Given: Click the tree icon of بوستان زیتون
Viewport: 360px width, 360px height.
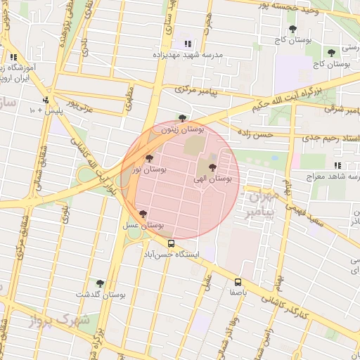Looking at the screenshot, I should point(183,118).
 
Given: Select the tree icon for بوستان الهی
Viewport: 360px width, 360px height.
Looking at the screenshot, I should point(212,167).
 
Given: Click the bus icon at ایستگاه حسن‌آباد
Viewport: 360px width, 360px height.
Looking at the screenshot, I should point(172,243).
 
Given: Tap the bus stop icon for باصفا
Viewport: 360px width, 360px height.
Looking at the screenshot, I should point(237,281).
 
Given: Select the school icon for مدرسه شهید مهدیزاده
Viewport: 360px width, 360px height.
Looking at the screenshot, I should point(187,44).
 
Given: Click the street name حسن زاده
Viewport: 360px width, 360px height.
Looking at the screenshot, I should point(255,133).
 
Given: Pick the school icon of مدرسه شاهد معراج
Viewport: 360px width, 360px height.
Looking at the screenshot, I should point(337,165).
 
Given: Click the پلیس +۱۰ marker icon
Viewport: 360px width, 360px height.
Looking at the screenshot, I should point(46,100).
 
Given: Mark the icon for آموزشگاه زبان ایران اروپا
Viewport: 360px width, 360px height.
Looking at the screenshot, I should point(13,58).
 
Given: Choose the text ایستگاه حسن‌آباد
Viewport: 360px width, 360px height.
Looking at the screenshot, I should point(172,254).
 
